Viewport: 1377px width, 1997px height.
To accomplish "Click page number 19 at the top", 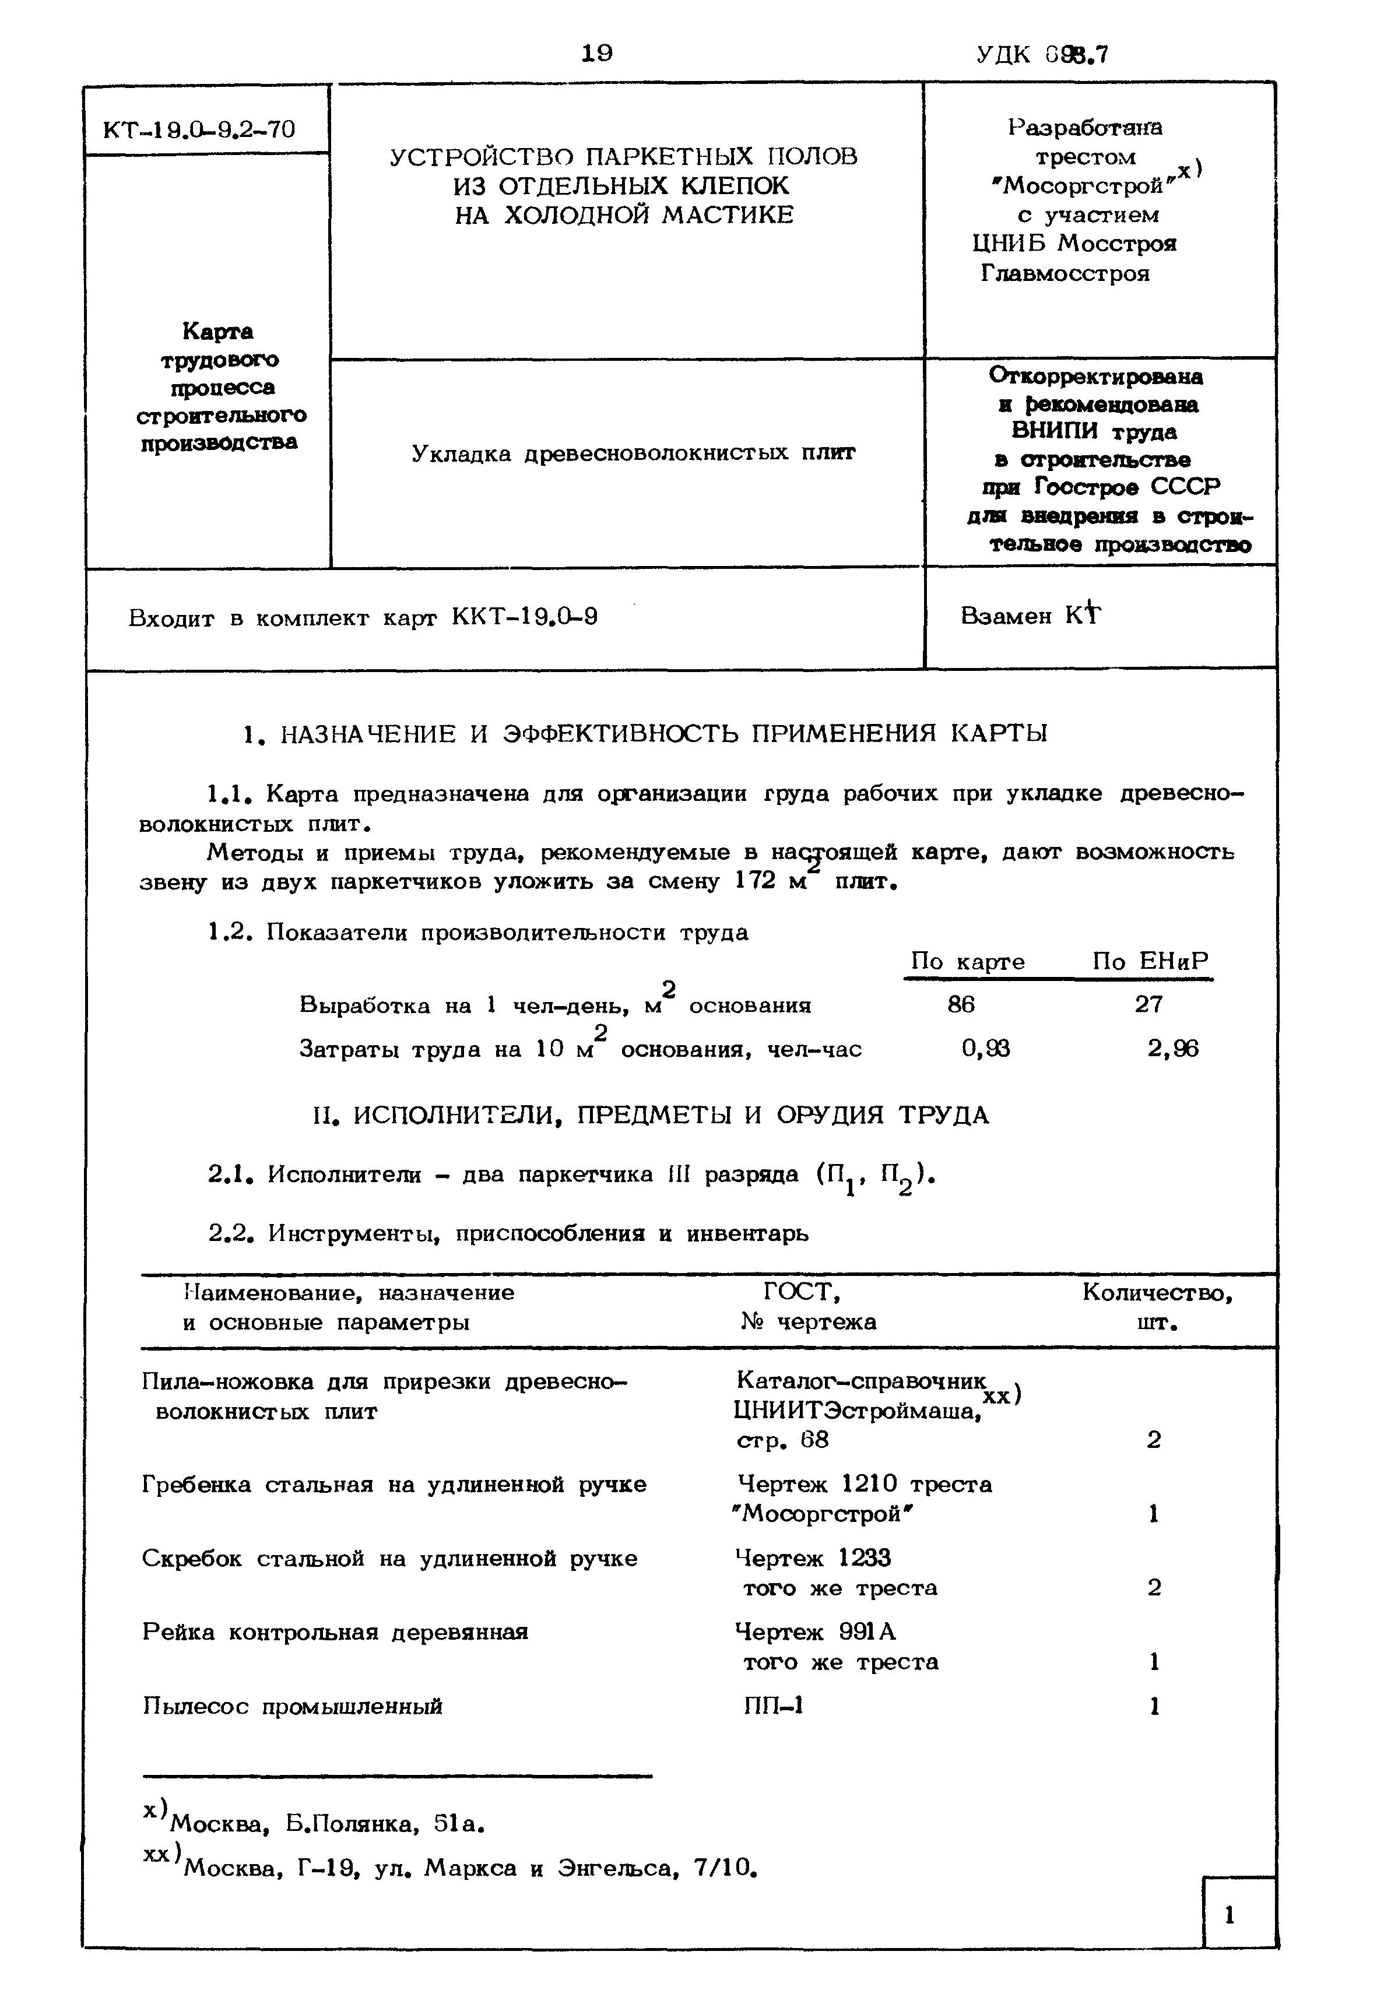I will (x=596, y=54).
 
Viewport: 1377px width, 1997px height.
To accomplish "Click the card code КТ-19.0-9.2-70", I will (x=199, y=129).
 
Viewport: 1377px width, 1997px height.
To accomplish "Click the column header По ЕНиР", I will (x=1150, y=961).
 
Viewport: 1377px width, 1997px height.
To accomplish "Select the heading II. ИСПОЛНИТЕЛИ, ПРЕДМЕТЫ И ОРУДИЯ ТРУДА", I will (x=651, y=1116).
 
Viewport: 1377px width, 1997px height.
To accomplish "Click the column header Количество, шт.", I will (x=1157, y=1307).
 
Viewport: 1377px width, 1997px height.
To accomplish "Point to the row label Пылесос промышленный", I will (x=293, y=1706).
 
